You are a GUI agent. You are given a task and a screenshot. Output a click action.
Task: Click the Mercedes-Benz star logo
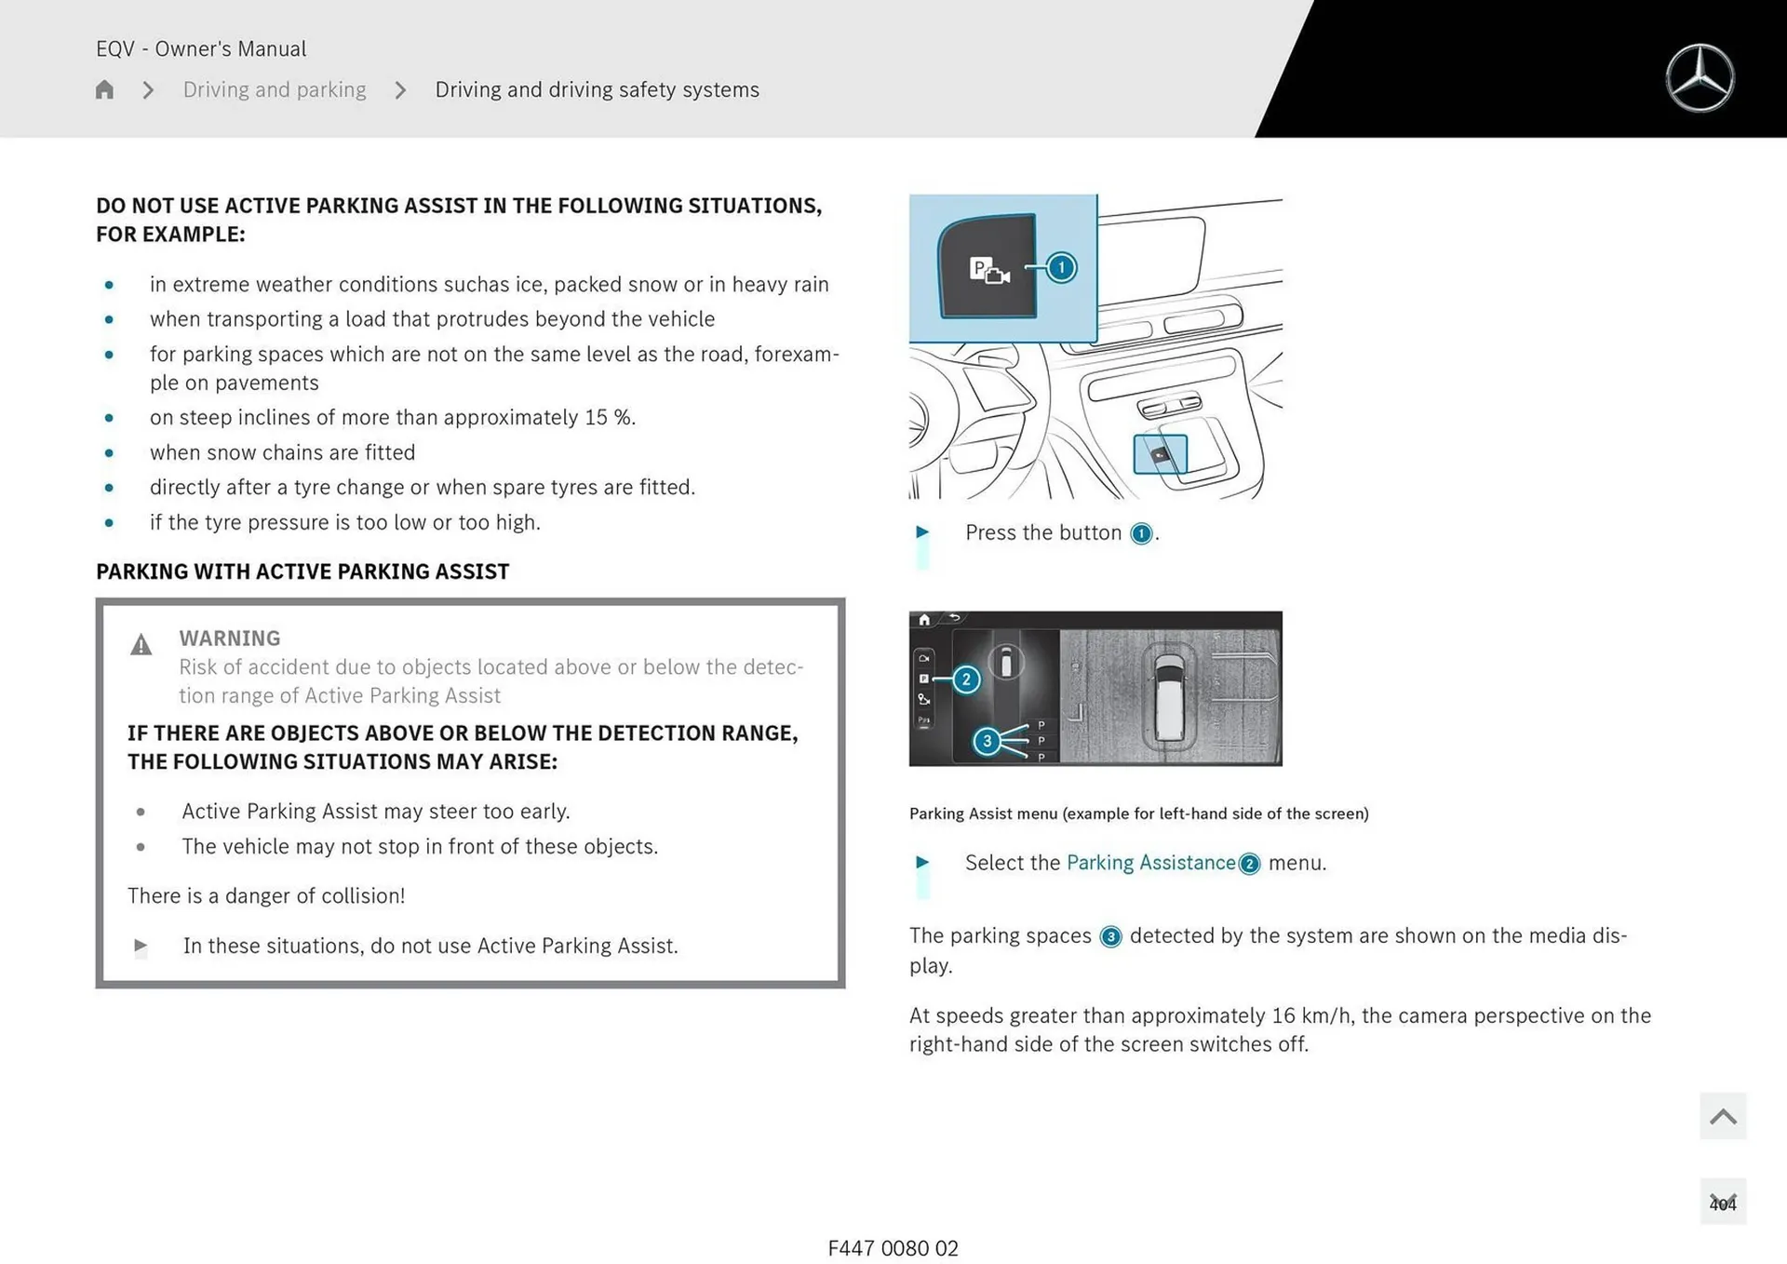click(x=1700, y=78)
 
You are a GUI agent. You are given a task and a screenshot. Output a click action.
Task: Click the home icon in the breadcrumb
click(x=104, y=89)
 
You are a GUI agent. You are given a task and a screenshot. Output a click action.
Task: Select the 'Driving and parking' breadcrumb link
click(x=275, y=89)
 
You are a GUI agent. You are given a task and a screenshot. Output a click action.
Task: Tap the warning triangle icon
click(x=141, y=644)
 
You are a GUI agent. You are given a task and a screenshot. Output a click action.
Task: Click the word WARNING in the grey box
click(x=230, y=639)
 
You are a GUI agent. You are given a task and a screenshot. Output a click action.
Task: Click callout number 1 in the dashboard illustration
click(x=1060, y=268)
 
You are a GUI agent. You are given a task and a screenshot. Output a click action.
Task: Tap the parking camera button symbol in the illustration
click(x=988, y=271)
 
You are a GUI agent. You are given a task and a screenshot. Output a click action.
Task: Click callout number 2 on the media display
click(x=966, y=679)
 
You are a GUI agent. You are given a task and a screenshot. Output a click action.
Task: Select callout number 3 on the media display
click(x=987, y=741)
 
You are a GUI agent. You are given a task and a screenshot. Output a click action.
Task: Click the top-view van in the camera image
click(x=1169, y=694)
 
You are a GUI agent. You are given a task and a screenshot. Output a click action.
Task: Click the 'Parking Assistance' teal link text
click(x=1150, y=863)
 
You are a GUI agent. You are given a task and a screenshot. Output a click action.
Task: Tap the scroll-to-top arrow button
click(x=1722, y=1116)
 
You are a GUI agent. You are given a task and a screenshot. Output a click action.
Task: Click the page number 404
click(x=1722, y=1203)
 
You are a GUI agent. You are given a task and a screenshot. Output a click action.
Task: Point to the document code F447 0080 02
click(x=893, y=1248)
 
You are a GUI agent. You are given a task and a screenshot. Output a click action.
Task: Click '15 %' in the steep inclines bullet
click(x=609, y=418)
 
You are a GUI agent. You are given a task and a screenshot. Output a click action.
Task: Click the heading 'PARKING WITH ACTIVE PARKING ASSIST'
click(x=302, y=571)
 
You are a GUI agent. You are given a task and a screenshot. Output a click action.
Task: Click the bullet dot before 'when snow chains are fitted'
click(x=109, y=453)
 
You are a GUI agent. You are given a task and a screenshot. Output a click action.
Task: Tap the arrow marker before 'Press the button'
click(x=922, y=532)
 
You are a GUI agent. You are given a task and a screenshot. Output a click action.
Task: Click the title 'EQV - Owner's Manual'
click(x=201, y=48)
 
